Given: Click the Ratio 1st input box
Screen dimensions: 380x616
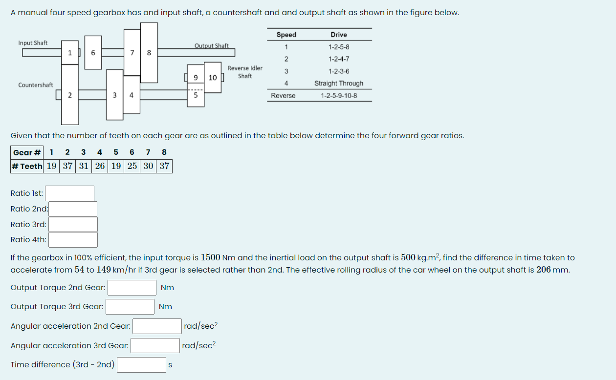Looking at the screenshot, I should pos(69,193).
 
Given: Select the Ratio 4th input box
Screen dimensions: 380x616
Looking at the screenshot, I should pos(73,240).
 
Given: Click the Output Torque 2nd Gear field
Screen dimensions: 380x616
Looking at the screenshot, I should pos(132,288).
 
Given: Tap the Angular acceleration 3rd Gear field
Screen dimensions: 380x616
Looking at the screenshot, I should pos(155,346).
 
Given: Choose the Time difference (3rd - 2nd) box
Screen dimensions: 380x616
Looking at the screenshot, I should pos(142,365).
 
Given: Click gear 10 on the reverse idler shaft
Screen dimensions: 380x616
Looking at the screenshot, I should pos(213,78).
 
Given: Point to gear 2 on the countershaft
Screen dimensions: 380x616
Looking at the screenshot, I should pos(69,95).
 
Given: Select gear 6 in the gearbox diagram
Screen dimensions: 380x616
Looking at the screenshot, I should pos(93,53).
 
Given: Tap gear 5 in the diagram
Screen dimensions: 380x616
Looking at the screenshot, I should pos(196,95).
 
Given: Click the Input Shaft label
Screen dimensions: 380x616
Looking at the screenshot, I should pos(33,43).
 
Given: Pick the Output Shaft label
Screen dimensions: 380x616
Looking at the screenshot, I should pos(211,46).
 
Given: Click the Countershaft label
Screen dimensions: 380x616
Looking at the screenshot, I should pos(36,85).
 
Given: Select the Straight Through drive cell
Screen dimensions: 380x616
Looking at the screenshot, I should pos(339,84).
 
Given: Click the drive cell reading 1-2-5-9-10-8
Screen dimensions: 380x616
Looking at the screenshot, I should pos(339,96).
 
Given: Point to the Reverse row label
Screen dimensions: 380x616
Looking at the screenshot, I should pos(283,96).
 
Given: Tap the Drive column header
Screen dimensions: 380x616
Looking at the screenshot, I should pos(339,35).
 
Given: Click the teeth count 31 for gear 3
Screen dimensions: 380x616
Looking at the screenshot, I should pos(84,166).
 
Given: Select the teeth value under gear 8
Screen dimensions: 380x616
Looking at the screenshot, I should pos(164,166).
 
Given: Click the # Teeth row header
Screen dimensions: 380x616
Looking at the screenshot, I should pos(27,166).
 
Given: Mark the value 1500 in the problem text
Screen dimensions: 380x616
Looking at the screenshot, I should pos(210,257).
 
